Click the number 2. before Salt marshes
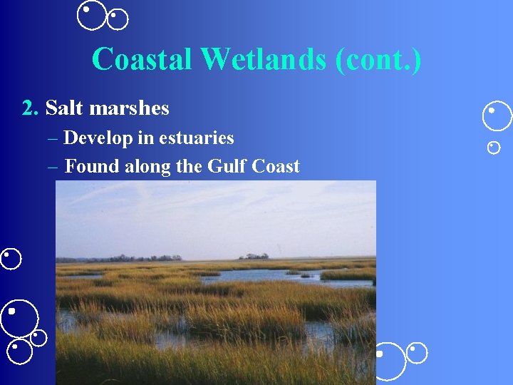click(30, 108)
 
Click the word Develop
click(98, 138)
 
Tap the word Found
click(92, 167)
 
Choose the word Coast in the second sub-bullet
click(274, 167)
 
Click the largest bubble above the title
click(92, 15)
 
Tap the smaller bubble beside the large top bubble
click(118, 19)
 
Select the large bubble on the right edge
click(497, 116)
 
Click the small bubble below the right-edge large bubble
click(494, 148)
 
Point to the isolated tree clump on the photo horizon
click(254, 256)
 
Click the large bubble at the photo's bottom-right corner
click(390, 361)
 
